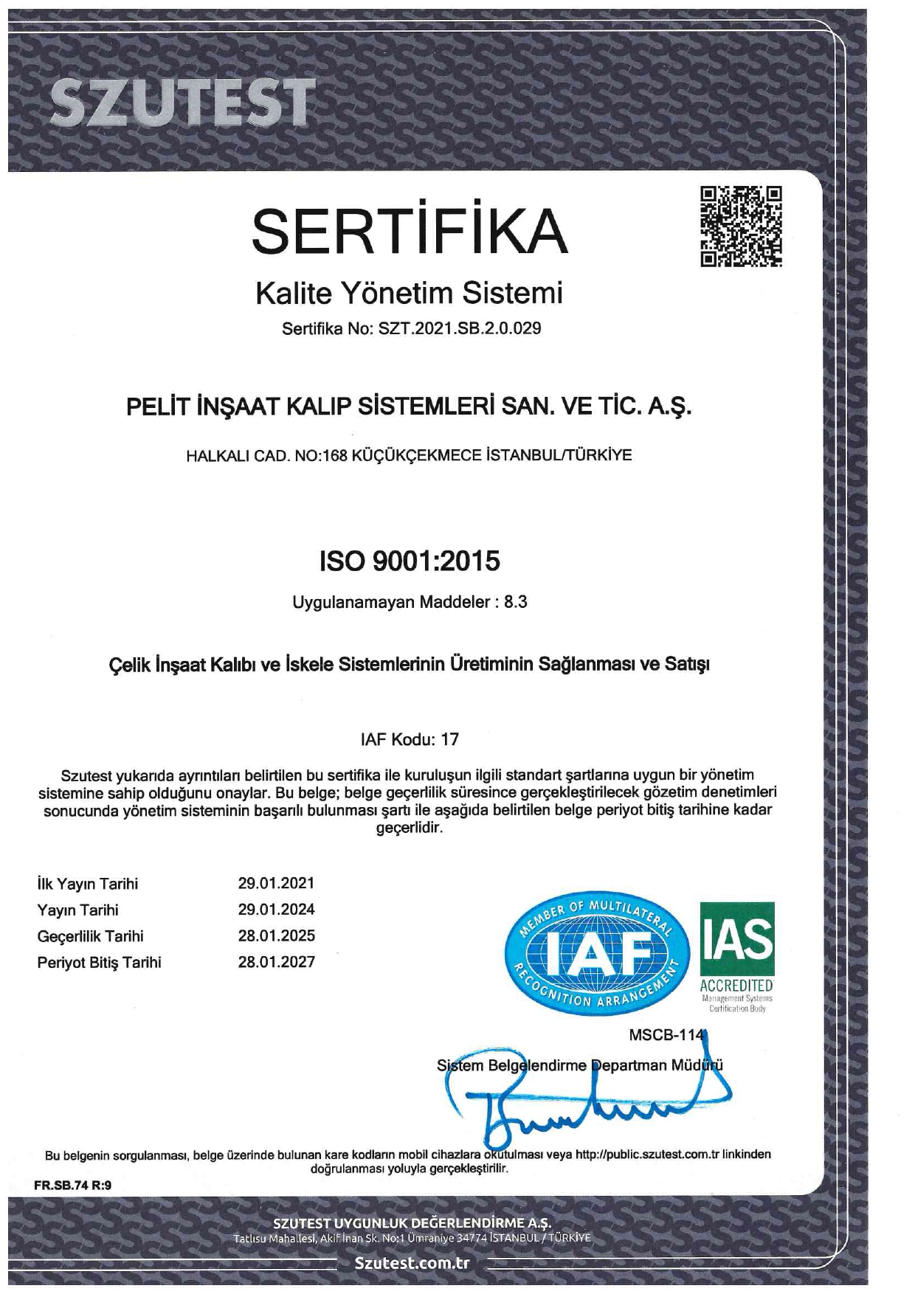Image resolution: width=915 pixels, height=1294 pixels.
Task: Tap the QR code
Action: pyautogui.click(x=741, y=226)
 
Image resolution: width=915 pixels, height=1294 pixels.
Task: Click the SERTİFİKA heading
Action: pyautogui.click(x=410, y=231)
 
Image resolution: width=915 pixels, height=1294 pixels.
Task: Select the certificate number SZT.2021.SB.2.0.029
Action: pyautogui.click(x=460, y=328)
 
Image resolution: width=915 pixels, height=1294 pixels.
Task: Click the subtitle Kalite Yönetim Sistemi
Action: pyautogui.click(x=409, y=293)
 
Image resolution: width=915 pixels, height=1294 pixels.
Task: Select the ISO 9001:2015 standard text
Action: pyautogui.click(x=410, y=561)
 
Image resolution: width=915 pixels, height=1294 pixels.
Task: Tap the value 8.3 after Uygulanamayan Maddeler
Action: pyautogui.click(x=515, y=602)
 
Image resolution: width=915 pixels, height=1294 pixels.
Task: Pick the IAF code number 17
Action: pyautogui.click(x=449, y=739)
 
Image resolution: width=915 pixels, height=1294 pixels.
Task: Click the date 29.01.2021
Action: pyautogui.click(x=276, y=883)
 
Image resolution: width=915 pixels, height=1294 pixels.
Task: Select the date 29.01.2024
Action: pyautogui.click(x=276, y=909)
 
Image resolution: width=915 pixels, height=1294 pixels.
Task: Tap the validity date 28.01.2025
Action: pyautogui.click(x=276, y=935)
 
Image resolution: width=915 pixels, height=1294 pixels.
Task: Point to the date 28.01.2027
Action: pyautogui.click(x=276, y=962)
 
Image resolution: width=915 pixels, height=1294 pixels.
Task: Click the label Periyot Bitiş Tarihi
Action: pyautogui.click(x=99, y=963)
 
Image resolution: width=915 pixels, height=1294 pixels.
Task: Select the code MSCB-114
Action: pyautogui.click(x=667, y=1035)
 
